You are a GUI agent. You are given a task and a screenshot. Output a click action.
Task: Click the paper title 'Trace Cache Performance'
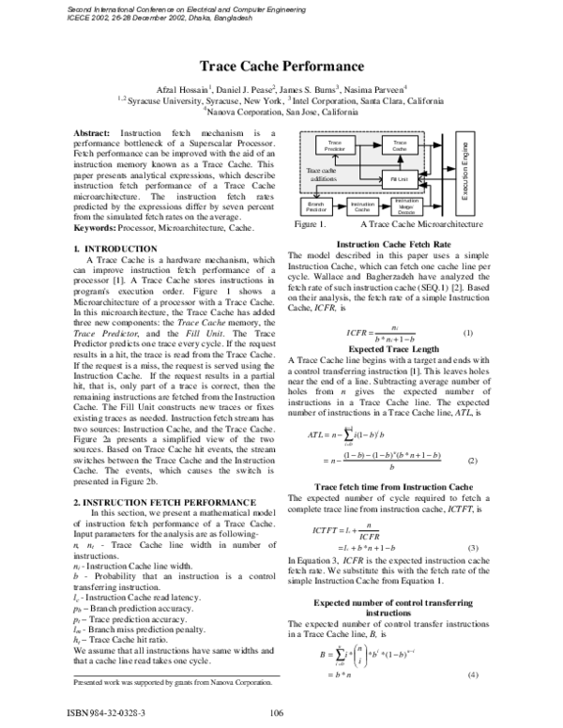click(x=281, y=67)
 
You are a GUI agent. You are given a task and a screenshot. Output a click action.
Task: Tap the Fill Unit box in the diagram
click(x=400, y=177)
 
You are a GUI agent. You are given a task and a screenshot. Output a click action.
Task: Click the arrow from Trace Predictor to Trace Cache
click(x=367, y=145)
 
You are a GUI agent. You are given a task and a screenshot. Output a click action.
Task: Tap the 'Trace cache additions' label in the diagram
click(x=321, y=174)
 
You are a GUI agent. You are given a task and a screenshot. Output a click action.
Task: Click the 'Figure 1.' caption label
click(x=310, y=226)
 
